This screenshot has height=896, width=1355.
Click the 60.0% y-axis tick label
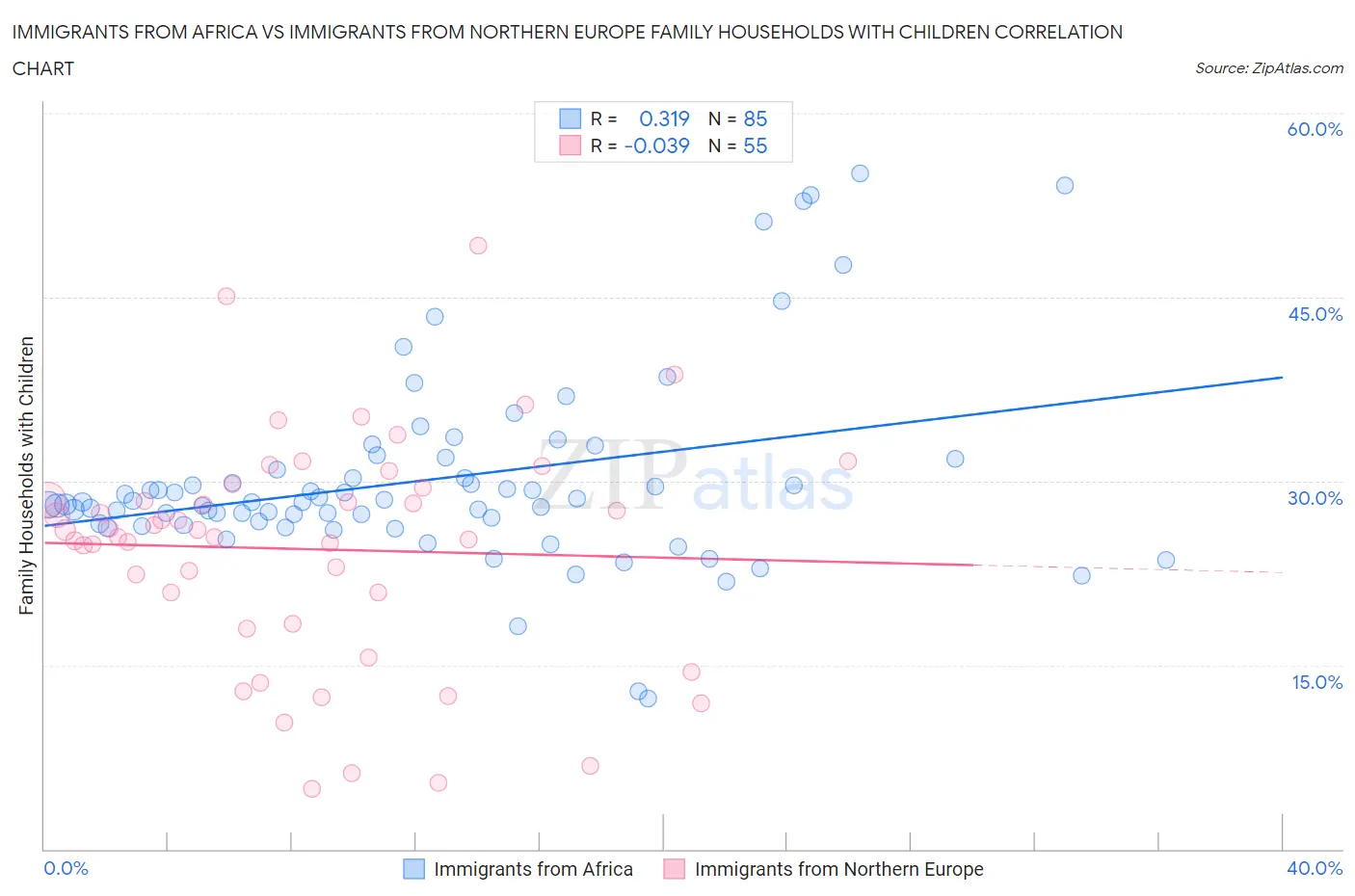pyautogui.click(x=1315, y=129)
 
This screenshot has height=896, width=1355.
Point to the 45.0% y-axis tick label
pyautogui.click(x=1315, y=314)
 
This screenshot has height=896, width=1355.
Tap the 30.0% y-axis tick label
pyautogui.click(x=1315, y=498)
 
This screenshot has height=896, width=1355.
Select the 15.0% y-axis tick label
pyautogui.click(x=1315, y=682)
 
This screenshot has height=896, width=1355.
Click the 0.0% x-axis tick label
pyautogui.click(x=66, y=868)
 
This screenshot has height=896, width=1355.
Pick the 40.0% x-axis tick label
pyautogui.click(x=1315, y=868)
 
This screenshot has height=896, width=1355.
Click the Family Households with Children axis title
pyautogui.click(x=26, y=475)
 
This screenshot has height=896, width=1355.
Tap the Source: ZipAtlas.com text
pyautogui.click(x=1268, y=67)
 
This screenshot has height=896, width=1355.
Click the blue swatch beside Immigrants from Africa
pyautogui.click(x=413, y=869)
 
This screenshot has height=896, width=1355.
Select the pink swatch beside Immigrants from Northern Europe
pyautogui.click(x=675, y=869)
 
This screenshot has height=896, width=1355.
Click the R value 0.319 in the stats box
pyautogui.click(x=664, y=119)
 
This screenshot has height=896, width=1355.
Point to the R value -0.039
pyautogui.click(x=656, y=145)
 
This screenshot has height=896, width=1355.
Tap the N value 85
pyautogui.click(x=756, y=119)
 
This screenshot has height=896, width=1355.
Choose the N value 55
pyautogui.click(x=756, y=145)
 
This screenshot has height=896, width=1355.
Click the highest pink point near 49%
pyautogui.click(x=478, y=246)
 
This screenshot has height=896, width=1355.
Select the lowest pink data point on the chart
pyautogui.click(x=311, y=789)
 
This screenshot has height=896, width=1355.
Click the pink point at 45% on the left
pyautogui.click(x=226, y=297)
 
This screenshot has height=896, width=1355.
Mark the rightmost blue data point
pyautogui.click(x=1166, y=560)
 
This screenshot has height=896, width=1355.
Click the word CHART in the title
pyautogui.click(x=42, y=68)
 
